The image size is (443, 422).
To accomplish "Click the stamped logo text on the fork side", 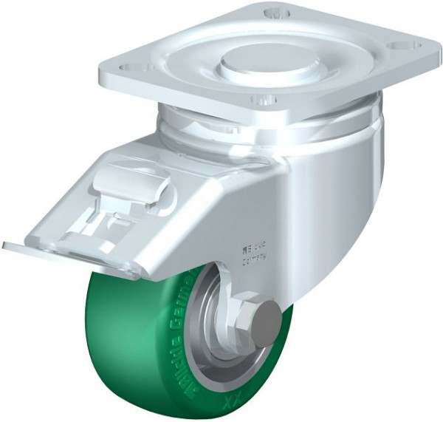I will click(253, 252).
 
